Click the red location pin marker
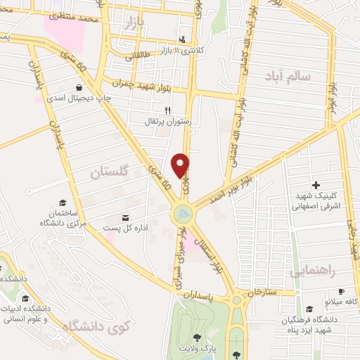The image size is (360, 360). point(181,165)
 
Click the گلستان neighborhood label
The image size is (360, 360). point(112,171)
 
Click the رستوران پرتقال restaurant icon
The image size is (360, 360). point(167,110)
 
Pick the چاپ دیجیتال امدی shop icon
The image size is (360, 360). point(82,87)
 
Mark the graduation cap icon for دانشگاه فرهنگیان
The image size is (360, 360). point(309,308)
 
